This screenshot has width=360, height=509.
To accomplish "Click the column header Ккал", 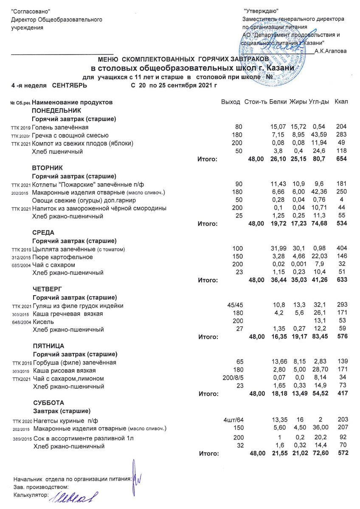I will point(341,102).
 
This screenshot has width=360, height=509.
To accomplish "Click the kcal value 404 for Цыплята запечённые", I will point(341,248).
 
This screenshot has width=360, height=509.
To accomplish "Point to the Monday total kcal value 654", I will point(341,159).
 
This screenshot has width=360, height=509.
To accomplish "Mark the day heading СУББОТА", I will point(46,402).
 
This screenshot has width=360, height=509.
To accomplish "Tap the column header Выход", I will point(231,102).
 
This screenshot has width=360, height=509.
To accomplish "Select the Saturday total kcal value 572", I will point(341,453).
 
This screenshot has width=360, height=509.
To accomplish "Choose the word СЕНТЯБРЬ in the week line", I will point(70,85).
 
